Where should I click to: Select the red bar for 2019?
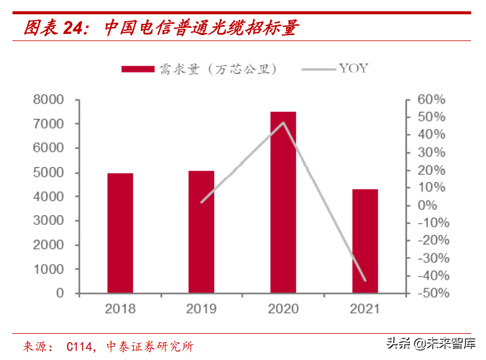tap(201, 231)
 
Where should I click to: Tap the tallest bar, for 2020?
tap(283, 202)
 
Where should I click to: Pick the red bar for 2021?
tap(365, 241)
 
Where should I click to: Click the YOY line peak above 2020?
tap(283, 123)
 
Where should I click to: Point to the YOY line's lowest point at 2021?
tap(364, 280)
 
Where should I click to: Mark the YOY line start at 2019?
tap(202, 202)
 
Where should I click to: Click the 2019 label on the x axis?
tap(202, 309)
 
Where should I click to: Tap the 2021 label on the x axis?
tap(364, 309)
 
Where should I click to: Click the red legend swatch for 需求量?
tap(139, 69)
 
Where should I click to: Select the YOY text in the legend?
tap(353, 68)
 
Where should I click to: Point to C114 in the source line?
tap(79, 346)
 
